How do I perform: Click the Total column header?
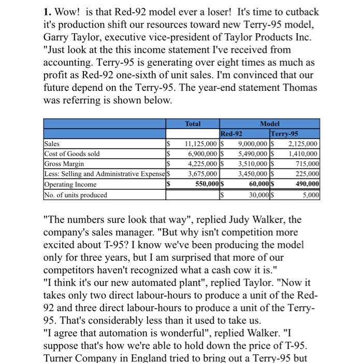193,124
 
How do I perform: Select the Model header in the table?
269,124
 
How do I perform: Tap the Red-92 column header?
232,133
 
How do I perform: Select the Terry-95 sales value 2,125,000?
304,144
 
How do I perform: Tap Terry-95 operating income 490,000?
307,185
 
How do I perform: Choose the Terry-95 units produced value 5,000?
311,195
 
